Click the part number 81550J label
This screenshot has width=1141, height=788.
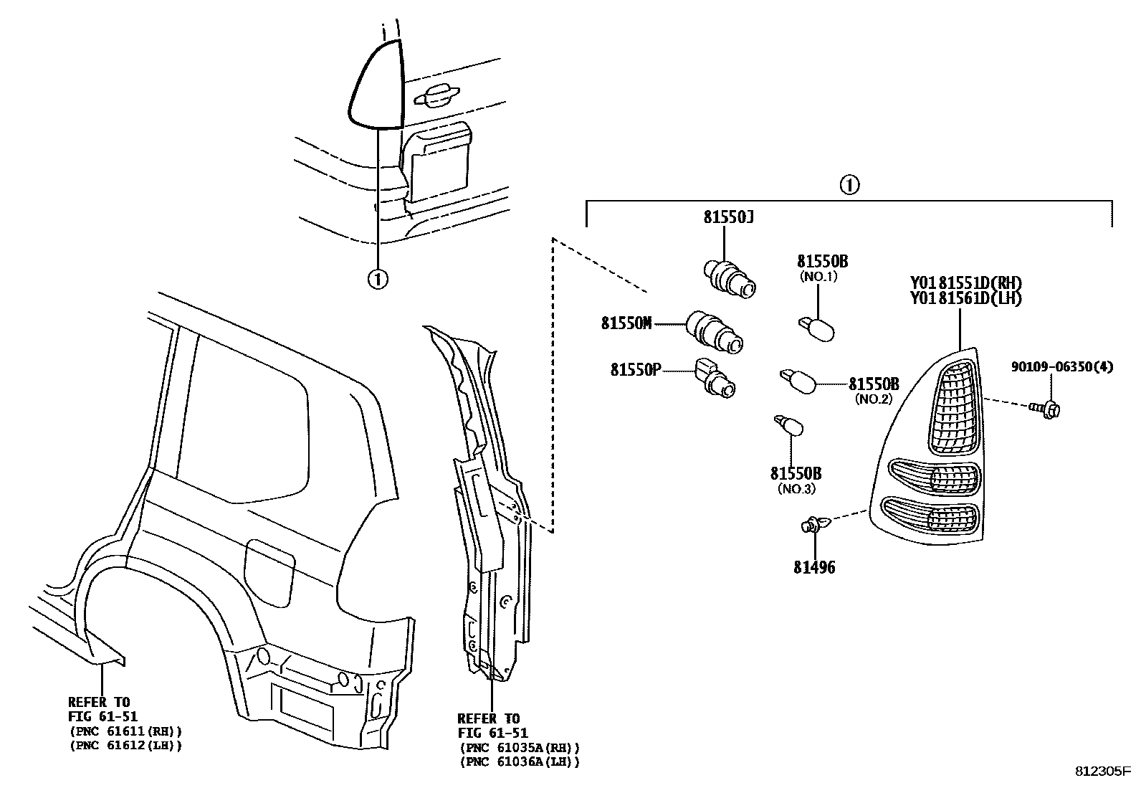(727, 217)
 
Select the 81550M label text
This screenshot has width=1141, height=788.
(626, 323)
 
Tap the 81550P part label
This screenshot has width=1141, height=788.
(635, 369)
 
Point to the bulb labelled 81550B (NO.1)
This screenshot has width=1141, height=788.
(816, 330)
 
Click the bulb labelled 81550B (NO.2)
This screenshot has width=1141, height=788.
(798, 380)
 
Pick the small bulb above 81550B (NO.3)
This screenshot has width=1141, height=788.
(789, 426)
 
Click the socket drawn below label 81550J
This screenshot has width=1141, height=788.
(727, 278)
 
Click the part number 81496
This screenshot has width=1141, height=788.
(814, 568)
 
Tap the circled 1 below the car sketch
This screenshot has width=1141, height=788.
(377, 277)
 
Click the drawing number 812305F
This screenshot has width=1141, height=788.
(1103, 772)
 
